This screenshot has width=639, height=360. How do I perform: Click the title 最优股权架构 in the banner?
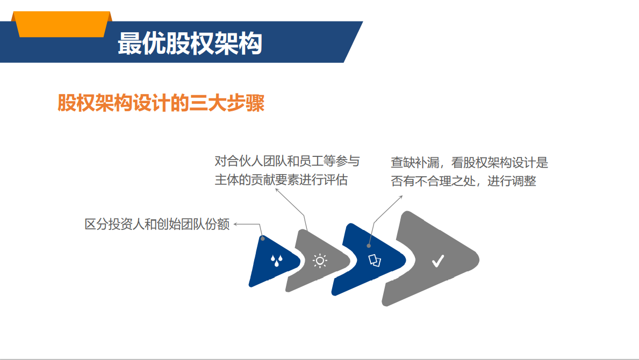pos(190,43)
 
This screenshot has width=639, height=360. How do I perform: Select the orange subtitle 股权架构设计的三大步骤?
pos(161,103)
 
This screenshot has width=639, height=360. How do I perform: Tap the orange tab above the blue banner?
pos(62,24)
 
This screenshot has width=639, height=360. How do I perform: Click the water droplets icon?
pos(277,261)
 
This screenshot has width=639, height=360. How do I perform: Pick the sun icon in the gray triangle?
pos(320,261)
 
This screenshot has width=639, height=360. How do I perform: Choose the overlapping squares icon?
pos(375,260)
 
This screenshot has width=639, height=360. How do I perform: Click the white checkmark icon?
pos(438,261)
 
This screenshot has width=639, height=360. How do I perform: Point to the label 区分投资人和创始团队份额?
pos(157,224)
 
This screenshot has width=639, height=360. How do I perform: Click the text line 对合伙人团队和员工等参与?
pos(288,161)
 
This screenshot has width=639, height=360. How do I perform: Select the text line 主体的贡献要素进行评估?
pos(281,179)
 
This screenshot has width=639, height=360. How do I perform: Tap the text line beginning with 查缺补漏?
pos(470,162)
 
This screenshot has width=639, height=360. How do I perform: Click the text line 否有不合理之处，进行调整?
pos(463,181)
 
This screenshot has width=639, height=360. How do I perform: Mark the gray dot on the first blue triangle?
pos(262,239)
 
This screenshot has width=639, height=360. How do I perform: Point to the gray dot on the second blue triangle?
pos(369,246)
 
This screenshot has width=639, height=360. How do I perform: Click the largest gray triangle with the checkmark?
pos(430,258)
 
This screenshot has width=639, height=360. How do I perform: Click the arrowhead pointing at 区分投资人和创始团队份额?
pos(235,224)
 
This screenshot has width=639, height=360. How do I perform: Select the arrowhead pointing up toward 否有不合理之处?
pos(401,197)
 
